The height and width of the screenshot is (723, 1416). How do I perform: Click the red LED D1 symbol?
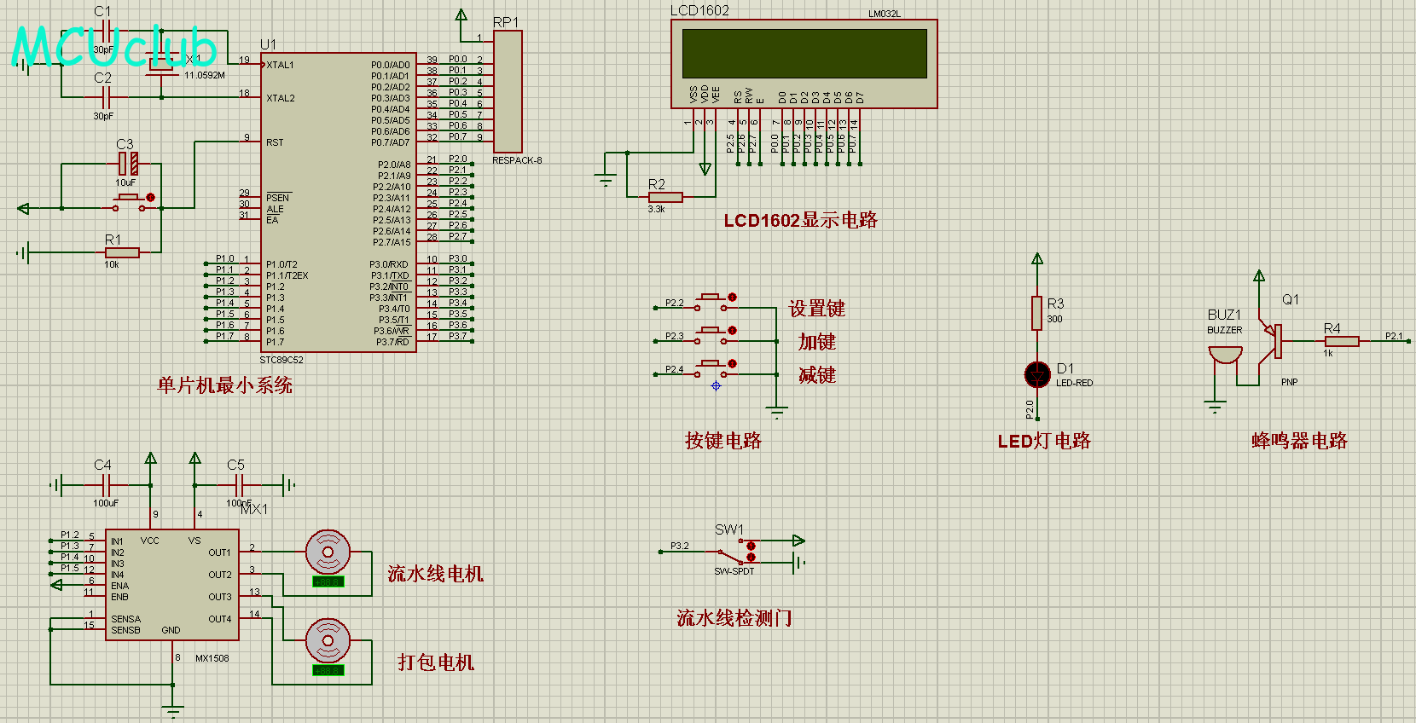pyautogui.click(x=1037, y=374)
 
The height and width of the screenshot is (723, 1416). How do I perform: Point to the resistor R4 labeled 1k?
pyautogui.click(x=1342, y=341)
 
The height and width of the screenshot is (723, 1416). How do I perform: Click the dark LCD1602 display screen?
pyautogui.click(x=804, y=54)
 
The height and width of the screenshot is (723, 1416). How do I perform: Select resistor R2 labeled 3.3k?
pyautogui.click(x=665, y=197)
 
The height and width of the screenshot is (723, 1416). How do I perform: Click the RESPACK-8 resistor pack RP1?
pyautogui.click(x=508, y=92)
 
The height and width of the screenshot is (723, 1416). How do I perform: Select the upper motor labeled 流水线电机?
pyautogui.click(x=328, y=552)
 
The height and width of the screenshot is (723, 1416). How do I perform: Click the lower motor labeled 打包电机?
pyautogui.click(x=328, y=640)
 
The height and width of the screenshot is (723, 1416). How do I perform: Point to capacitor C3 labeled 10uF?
pyautogui.click(x=128, y=163)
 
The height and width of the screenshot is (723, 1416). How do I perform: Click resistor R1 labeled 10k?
pyautogui.click(x=122, y=252)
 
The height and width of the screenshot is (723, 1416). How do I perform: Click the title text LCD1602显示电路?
pyautogui.click(x=800, y=220)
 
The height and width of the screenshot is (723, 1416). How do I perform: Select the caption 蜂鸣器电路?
pyautogui.click(x=1299, y=441)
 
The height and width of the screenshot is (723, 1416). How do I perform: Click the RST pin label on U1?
pyautogui.click(x=275, y=142)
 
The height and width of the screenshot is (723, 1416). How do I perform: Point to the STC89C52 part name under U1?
pyautogui.click(x=281, y=360)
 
